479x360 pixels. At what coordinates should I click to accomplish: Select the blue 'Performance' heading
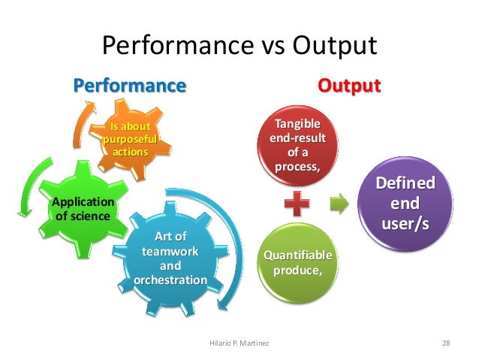click(128, 86)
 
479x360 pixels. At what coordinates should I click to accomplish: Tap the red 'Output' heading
click(349, 86)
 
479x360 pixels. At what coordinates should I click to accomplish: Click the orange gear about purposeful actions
click(130, 140)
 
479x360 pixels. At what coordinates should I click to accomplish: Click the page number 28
click(446, 343)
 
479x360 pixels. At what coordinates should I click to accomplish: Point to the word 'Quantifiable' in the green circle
click(297, 256)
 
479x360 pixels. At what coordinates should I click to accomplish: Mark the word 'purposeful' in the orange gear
click(130, 140)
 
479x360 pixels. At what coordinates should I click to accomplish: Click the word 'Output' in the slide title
click(333, 47)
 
